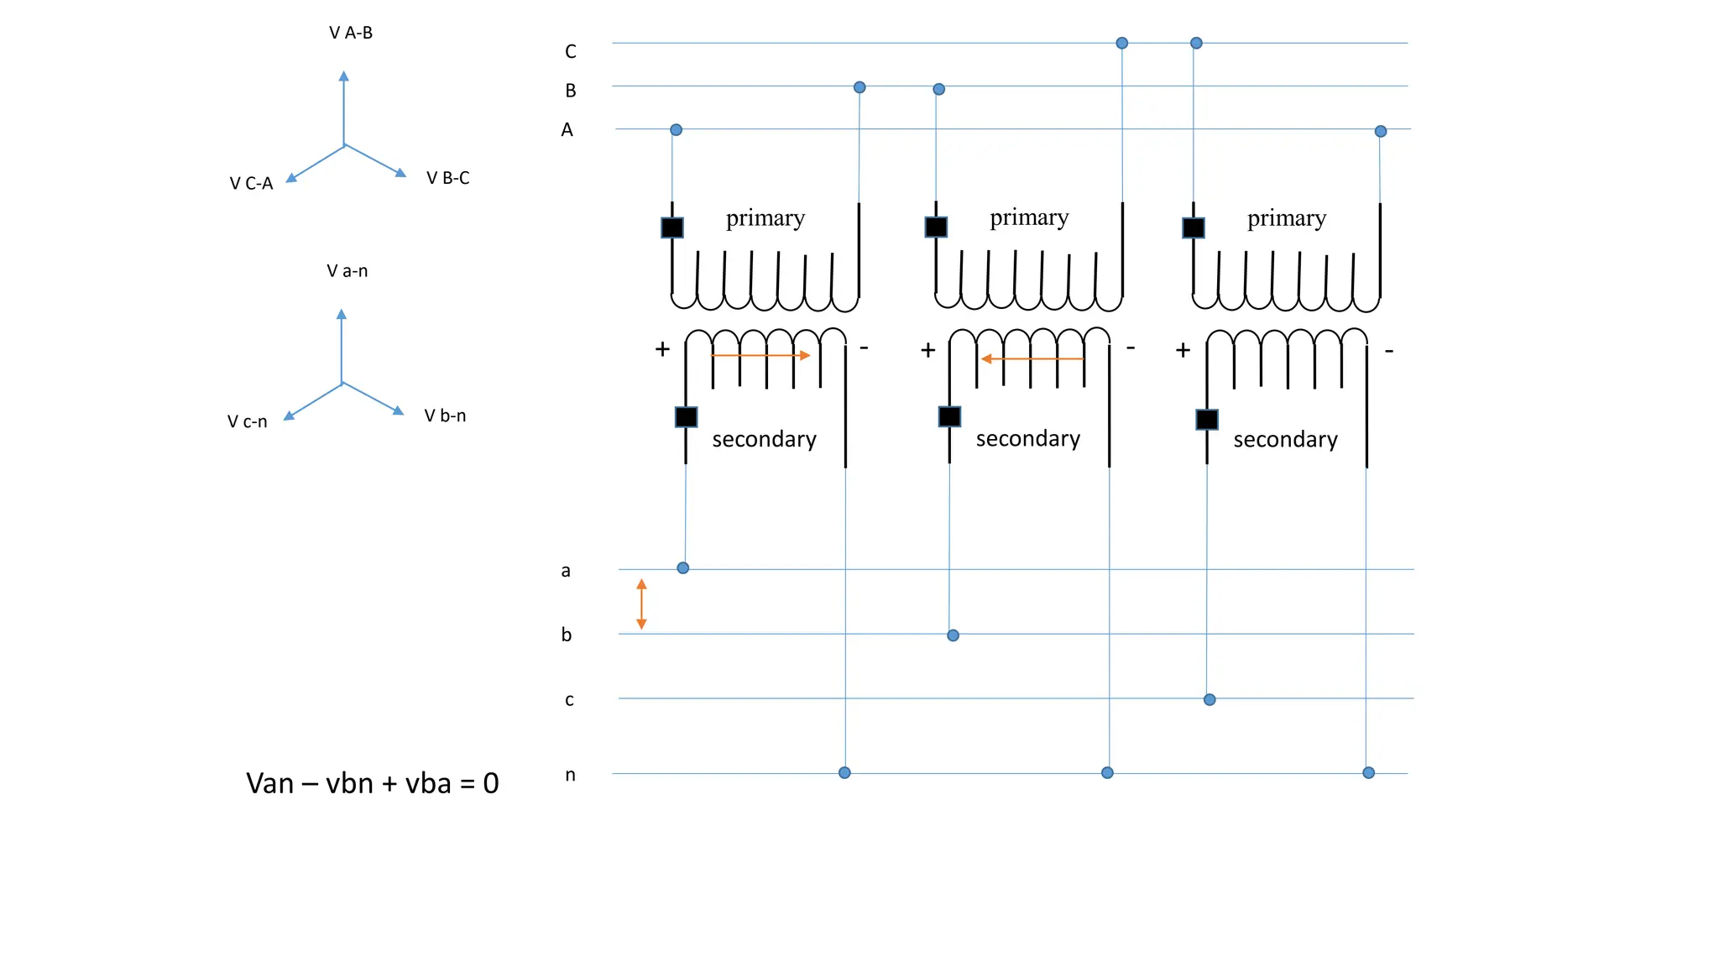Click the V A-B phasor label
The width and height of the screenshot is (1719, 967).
point(351,33)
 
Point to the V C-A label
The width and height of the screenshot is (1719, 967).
point(251,183)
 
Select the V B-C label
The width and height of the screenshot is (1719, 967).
point(447,178)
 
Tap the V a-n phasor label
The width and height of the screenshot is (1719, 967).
point(347,271)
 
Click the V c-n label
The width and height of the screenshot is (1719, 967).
point(247,421)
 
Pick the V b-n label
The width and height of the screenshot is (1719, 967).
point(445,416)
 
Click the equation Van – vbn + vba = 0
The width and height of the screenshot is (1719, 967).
point(372,783)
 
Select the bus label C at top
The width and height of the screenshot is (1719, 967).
point(571,52)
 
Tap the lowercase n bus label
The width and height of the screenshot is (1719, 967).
point(571,775)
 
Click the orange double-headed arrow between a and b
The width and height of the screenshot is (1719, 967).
point(641,604)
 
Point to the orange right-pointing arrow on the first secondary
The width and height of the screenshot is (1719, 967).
point(760,355)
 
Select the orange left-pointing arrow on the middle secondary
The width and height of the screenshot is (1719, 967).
point(1032,358)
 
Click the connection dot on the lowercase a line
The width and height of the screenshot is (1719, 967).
point(683,568)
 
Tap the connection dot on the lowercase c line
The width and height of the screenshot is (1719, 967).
point(1210,699)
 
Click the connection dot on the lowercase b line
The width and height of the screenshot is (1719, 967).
point(953,635)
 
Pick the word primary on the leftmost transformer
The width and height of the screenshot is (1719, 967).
point(765,218)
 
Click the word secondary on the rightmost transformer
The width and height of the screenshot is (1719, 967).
point(1285,440)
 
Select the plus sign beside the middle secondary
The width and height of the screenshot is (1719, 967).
point(927,350)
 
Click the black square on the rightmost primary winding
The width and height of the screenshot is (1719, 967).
point(1193,227)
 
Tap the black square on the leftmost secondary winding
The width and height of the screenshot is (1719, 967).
point(686,417)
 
